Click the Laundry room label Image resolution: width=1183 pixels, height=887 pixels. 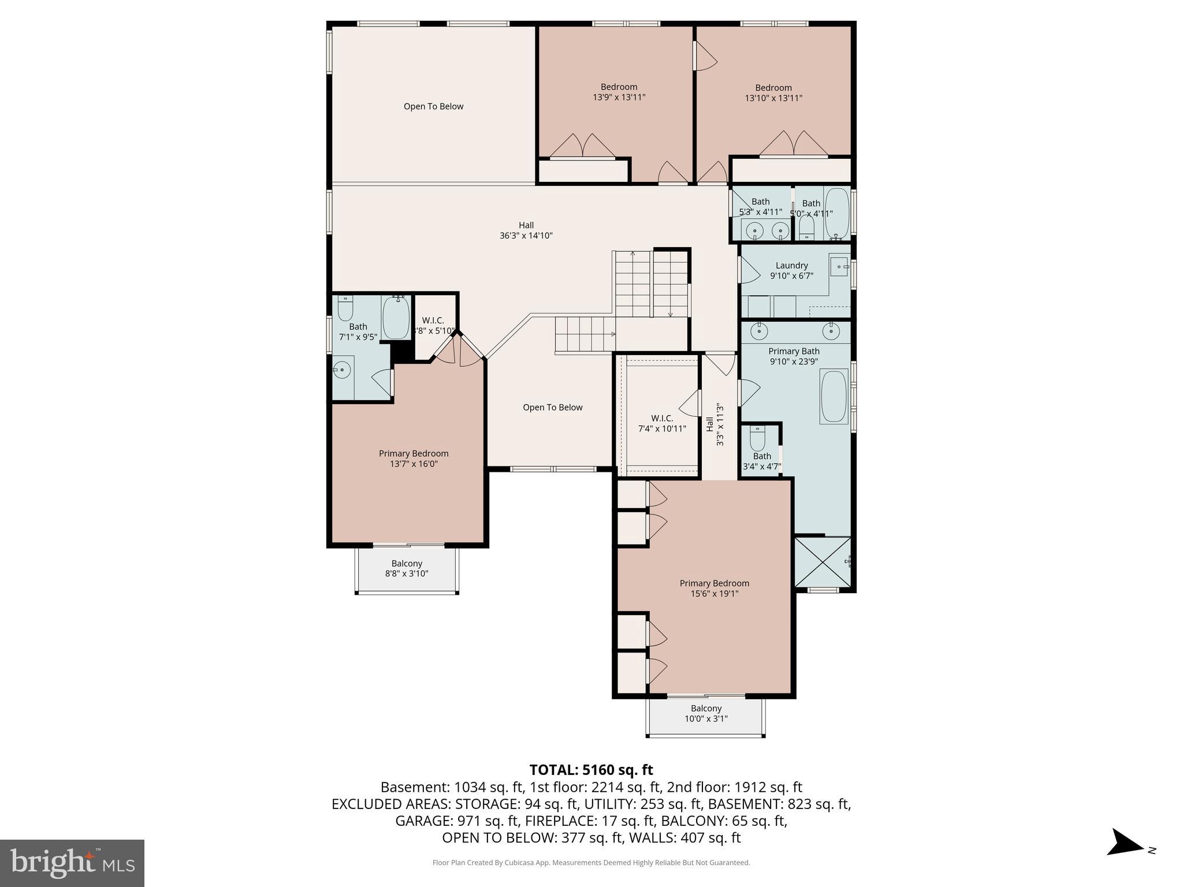[x=791, y=270]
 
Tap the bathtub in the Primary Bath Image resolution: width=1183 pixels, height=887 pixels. [x=833, y=397]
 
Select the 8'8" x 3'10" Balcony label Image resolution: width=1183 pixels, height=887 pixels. [x=407, y=568]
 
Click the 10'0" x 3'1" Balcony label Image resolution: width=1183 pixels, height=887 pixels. [x=706, y=713]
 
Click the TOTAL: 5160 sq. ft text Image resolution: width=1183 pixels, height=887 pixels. [x=591, y=770]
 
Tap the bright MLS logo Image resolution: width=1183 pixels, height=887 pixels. [x=72, y=863]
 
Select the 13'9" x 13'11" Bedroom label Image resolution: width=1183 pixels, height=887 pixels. [x=619, y=92]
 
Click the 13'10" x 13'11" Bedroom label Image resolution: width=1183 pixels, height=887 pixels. [x=773, y=92]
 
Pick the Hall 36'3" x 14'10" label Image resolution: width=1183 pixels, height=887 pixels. [x=526, y=230]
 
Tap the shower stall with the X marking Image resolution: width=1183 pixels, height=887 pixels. [x=823, y=562]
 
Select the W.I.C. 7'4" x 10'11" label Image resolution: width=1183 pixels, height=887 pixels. [x=662, y=423]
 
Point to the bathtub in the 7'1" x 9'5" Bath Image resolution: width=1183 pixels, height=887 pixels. [x=396, y=318]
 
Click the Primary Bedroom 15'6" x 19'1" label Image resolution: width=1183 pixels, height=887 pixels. [x=714, y=588]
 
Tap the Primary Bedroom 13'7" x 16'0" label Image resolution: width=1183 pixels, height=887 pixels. [x=414, y=459]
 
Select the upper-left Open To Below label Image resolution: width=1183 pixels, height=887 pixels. [x=433, y=106]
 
